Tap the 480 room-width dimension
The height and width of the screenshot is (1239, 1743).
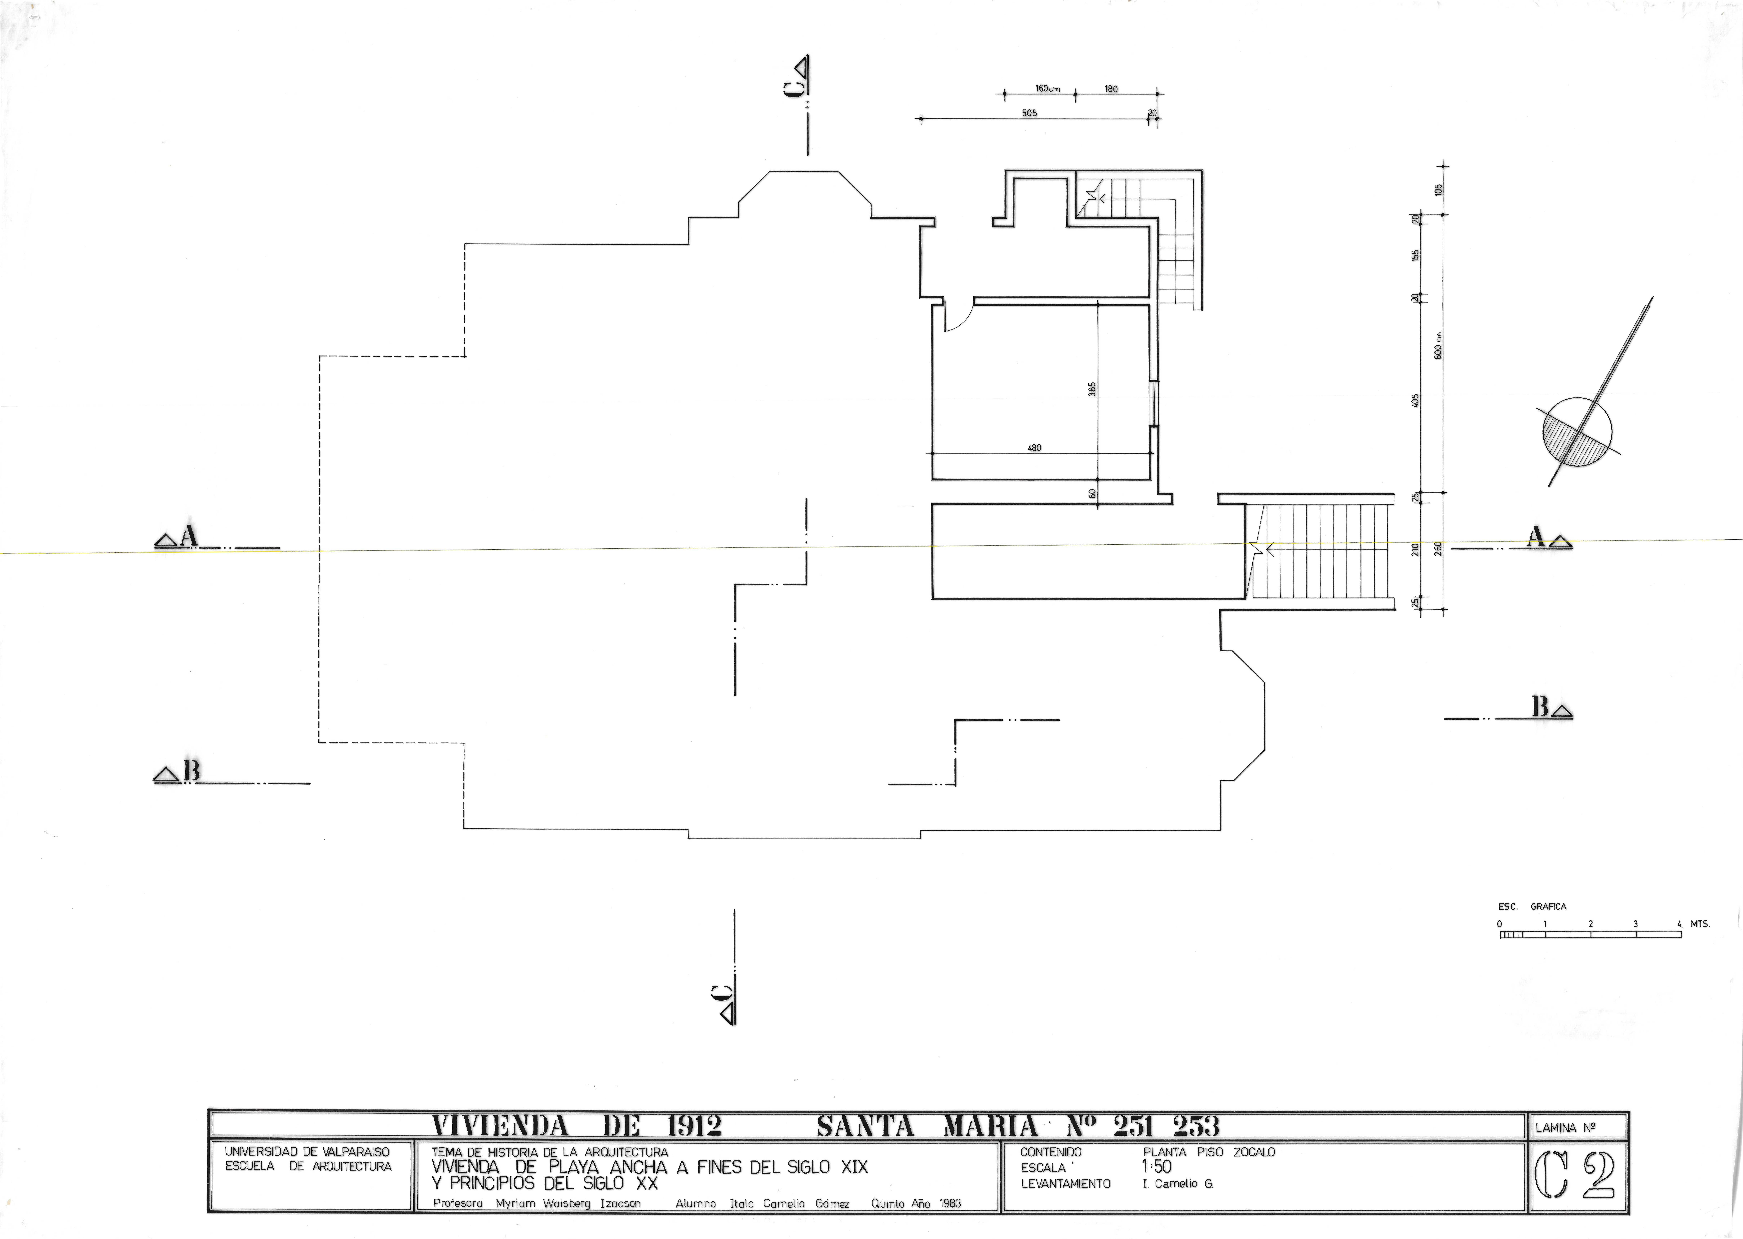[x=1034, y=448]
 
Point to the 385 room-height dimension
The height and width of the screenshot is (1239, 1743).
[x=1092, y=389]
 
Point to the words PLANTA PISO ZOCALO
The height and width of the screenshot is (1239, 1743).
[x=1209, y=1152]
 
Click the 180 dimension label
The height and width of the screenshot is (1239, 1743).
[x=1111, y=88]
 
